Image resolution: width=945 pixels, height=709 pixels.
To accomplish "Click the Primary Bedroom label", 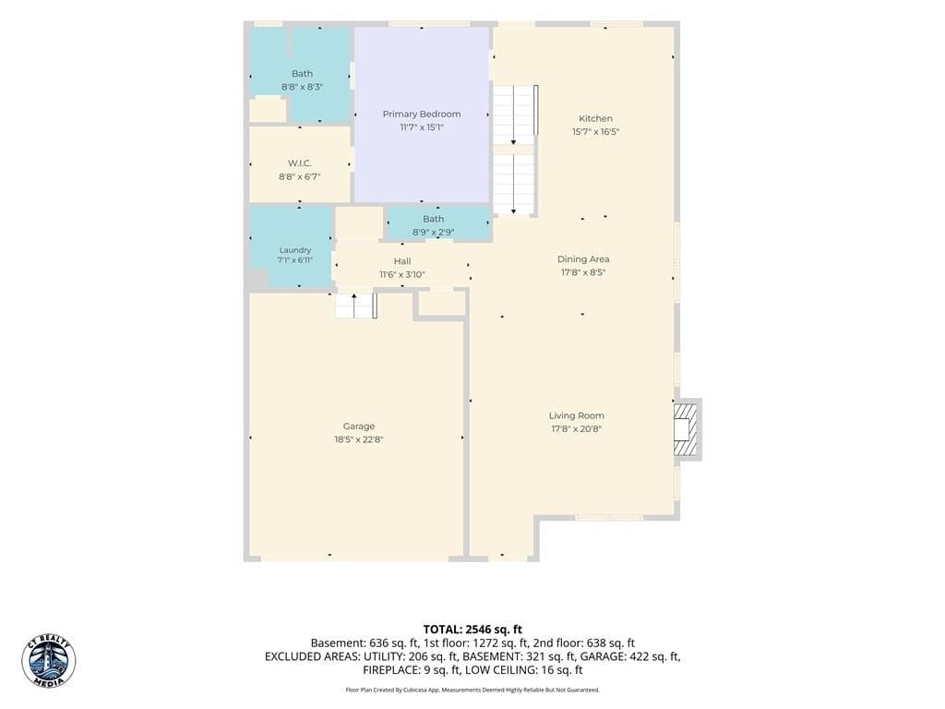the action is (421, 114).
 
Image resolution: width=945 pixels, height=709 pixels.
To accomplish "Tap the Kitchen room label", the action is (595, 119).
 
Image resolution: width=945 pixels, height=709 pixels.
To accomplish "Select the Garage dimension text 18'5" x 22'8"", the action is (359, 439).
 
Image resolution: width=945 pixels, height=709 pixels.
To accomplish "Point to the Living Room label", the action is (576, 416).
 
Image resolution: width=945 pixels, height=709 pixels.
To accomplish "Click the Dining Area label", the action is (583, 259).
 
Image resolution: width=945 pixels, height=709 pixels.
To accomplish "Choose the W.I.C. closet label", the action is (300, 163).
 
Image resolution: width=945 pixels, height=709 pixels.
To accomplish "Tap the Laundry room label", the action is (295, 250).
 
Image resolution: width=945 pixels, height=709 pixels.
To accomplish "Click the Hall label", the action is (402, 261).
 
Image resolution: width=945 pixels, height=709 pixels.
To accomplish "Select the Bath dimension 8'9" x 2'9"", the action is (434, 232).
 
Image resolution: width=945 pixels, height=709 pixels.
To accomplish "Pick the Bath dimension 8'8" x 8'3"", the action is (302, 87).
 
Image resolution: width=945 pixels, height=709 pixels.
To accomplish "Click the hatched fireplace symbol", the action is (685, 429).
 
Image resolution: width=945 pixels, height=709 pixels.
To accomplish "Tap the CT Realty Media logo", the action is (49, 661).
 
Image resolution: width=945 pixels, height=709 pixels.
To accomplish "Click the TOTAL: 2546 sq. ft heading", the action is (472, 630).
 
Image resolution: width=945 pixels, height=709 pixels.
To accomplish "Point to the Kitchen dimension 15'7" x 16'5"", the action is (595, 132).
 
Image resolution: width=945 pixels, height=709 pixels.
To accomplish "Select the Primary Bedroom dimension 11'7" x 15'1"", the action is (421, 127).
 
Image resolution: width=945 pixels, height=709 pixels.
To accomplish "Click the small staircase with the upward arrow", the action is (356, 306).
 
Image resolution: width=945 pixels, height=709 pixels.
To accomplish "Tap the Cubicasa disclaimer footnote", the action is (472, 690).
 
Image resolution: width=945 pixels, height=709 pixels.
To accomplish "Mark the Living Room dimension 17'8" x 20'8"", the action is (576, 429).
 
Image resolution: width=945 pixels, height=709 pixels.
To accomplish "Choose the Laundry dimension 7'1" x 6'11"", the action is (295, 260).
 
